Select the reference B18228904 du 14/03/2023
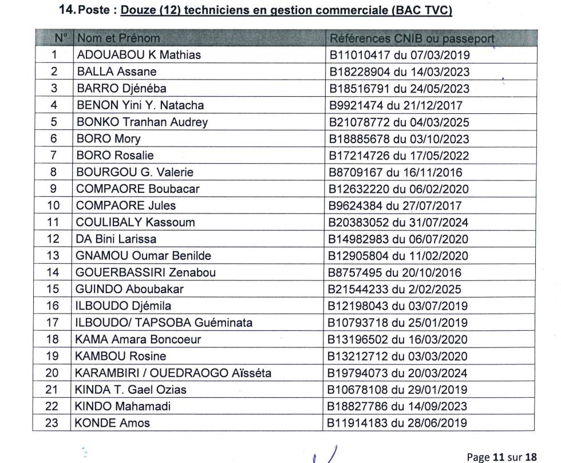(399, 72)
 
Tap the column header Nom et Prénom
(118, 38)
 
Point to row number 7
(54, 155)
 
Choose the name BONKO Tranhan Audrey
(142, 122)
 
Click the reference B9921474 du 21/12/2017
(396, 105)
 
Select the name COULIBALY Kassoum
(136, 222)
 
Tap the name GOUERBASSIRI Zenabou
(146, 272)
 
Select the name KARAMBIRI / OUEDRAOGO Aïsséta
(173, 373)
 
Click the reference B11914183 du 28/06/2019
(397, 424)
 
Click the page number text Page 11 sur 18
(502, 457)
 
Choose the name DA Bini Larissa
(116, 239)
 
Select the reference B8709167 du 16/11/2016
(395, 172)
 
